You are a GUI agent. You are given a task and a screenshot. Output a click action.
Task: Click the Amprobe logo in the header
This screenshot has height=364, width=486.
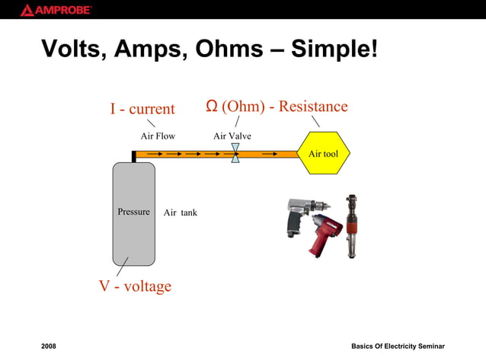[56, 10]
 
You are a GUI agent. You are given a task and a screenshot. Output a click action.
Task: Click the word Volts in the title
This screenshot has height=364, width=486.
[75, 49]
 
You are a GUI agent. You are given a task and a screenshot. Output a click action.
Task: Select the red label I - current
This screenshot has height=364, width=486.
[142, 109]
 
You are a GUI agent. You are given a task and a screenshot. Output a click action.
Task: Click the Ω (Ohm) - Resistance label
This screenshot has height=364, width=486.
[277, 106]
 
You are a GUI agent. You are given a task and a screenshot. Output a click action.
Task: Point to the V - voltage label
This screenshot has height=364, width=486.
[135, 286]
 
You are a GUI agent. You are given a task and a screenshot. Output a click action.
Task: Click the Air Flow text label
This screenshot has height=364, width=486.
[158, 136]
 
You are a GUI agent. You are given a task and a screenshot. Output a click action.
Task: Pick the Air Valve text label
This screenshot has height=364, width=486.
[232, 136]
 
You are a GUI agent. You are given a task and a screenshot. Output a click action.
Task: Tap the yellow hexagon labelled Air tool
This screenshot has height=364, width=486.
[323, 154]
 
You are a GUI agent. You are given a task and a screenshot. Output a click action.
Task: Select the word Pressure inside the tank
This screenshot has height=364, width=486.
[133, 212]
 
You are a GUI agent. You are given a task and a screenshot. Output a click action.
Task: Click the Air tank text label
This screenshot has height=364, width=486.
[181, 212]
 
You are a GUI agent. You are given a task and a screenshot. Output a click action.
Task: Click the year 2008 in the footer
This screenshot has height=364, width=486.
[49, 346]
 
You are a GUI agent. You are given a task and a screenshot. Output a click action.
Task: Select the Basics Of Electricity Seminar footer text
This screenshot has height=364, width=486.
[398, 346]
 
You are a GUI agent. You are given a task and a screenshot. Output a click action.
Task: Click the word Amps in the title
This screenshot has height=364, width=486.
[152, 49]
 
